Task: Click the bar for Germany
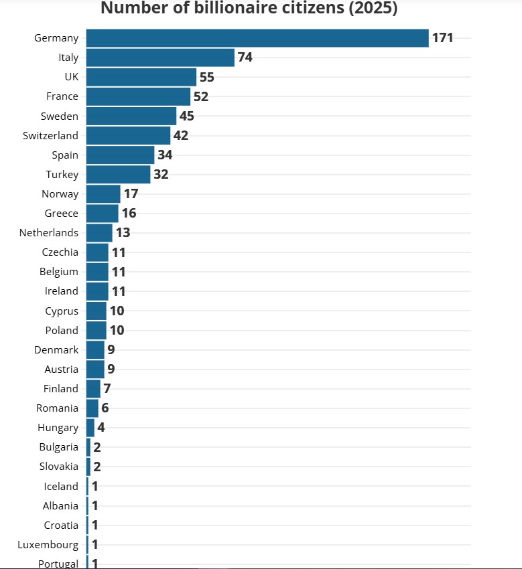click(x=257, y=38)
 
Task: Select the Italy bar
click(x=160, y=58)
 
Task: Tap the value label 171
click(x=442, y=38)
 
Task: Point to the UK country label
click(x=71, y=77)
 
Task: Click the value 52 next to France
click(x=201, y=96)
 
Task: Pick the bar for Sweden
click(x=131, y=116)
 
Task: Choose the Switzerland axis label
click(x=50, y=135)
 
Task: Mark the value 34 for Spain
click(x=165, y=155)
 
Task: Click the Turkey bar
click(x=118, y=174)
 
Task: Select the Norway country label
click(x=60, y=194)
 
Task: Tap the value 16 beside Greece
click(x=129, y=214)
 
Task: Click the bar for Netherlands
click(x=99, y=233)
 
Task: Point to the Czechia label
click(x=60, y=252)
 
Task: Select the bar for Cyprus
click(x=96, y=311)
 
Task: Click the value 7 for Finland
click(x=107, y=388)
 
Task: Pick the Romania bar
click(x=92, y=408)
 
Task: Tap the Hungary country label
click(x=58, y=427)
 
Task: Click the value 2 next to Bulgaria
click(x=96, y=446)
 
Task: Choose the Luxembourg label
click(x=48, y=544)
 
